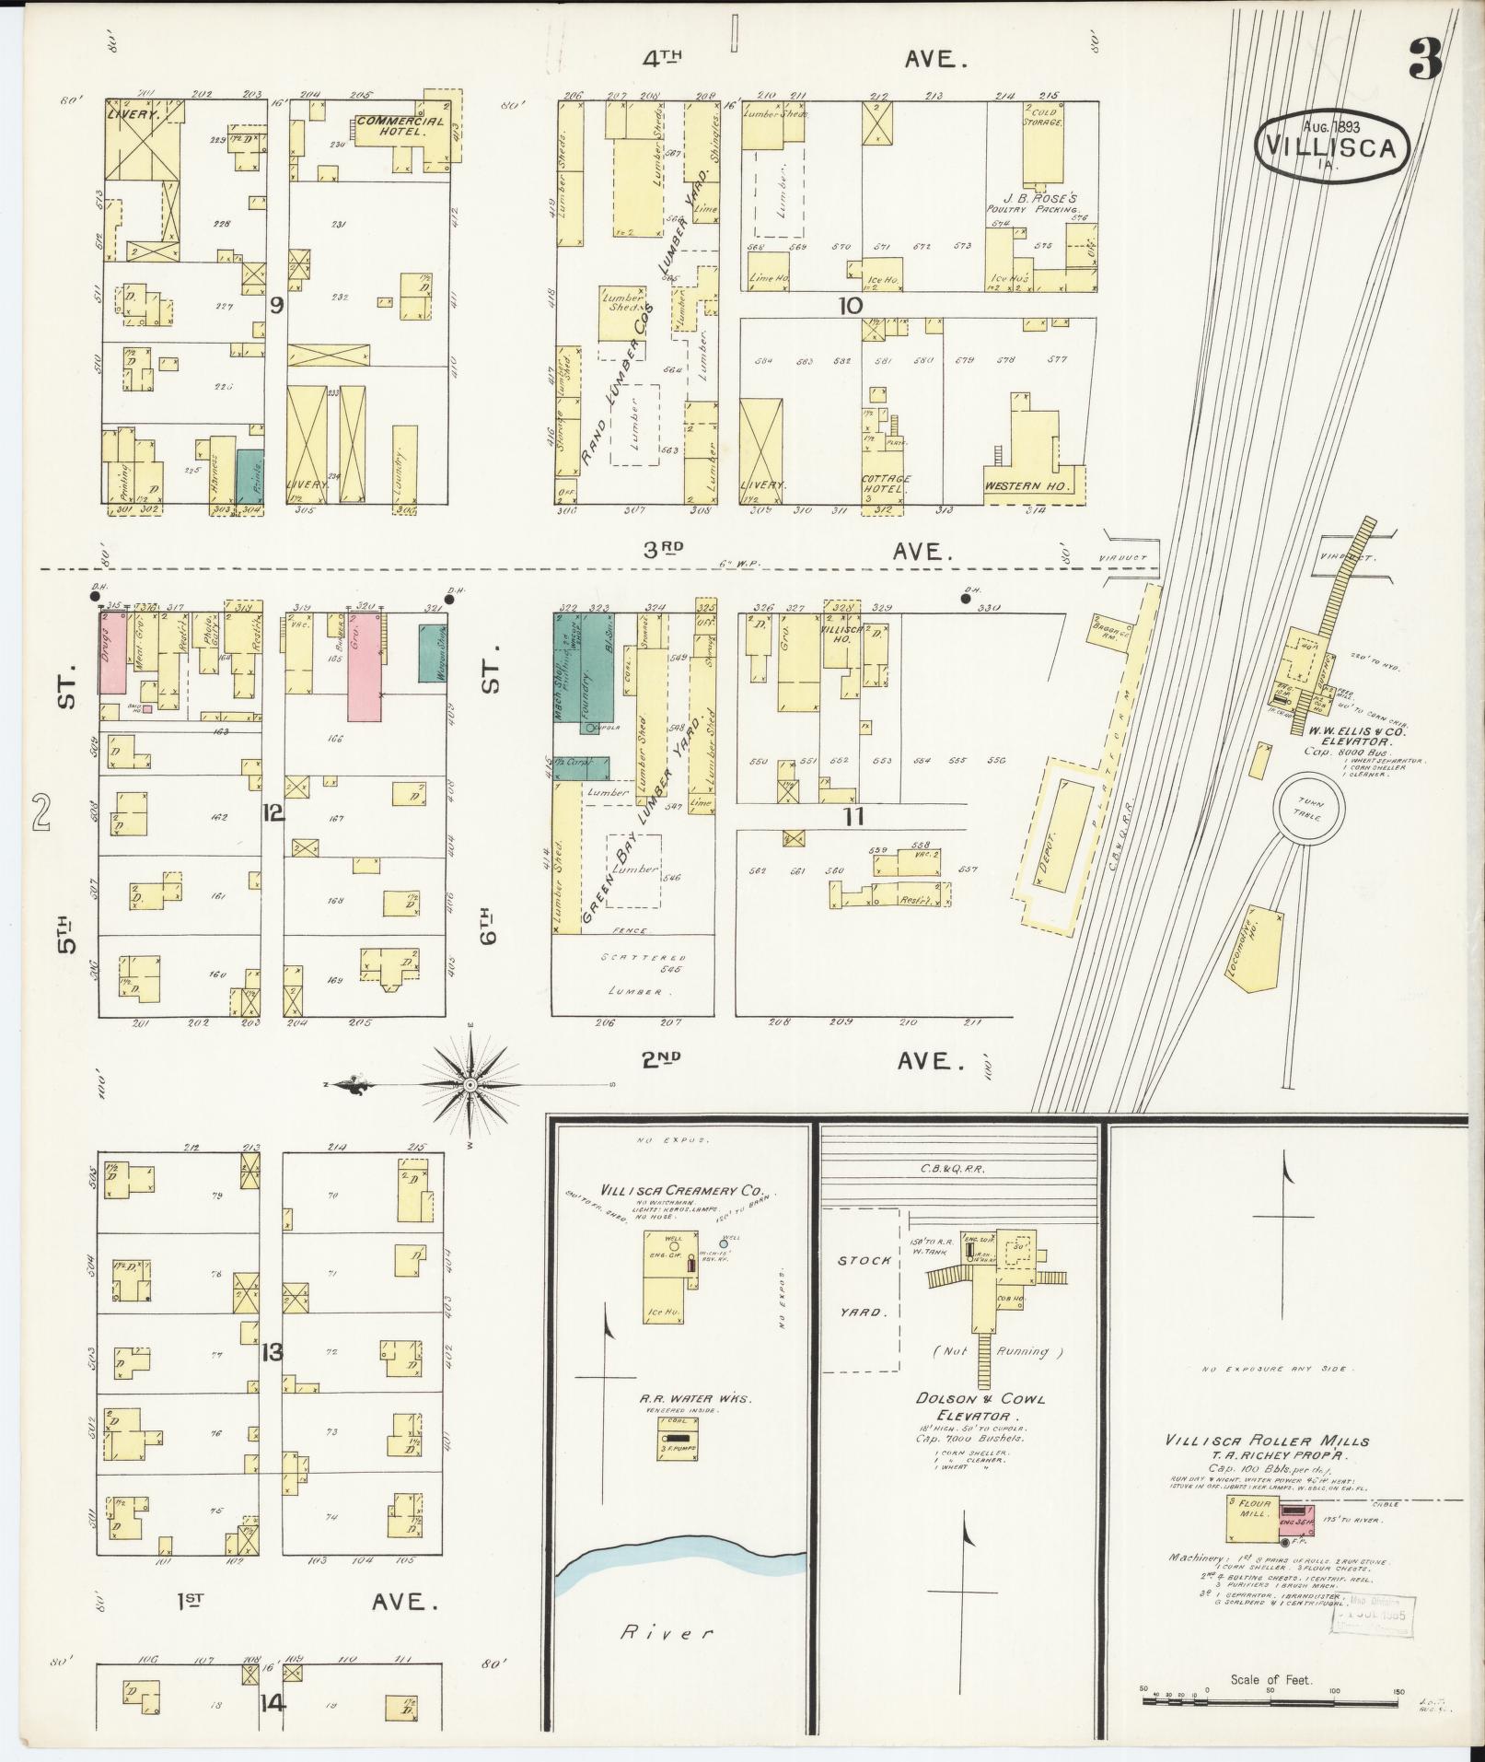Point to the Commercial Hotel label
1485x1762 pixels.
click(x=399, y=126)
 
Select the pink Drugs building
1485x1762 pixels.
click(x=112, y=652)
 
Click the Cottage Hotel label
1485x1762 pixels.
click(x=886, y=484)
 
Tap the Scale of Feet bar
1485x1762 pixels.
click(x=1270, y=1699)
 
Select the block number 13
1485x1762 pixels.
click(x=273, y=1353)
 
